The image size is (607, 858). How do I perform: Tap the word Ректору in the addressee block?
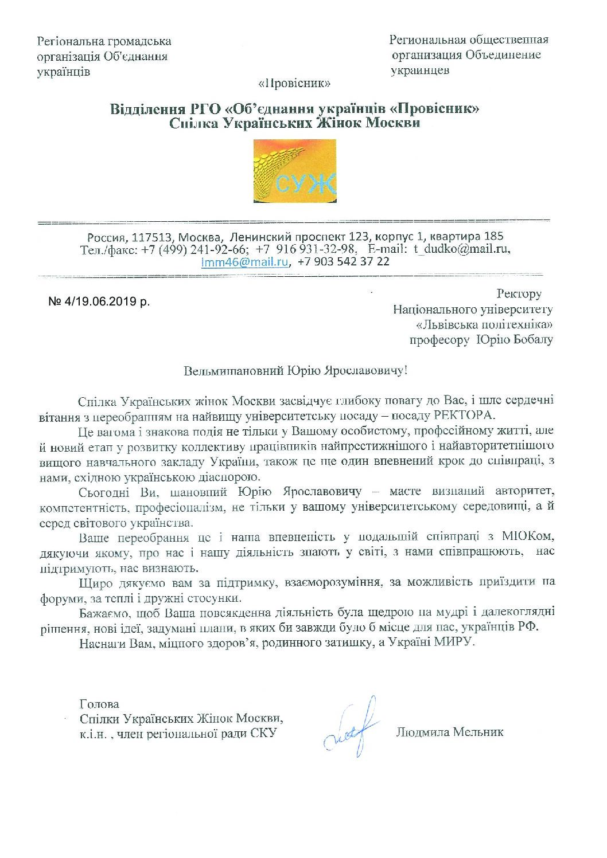518,294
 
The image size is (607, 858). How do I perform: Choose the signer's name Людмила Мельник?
449,732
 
